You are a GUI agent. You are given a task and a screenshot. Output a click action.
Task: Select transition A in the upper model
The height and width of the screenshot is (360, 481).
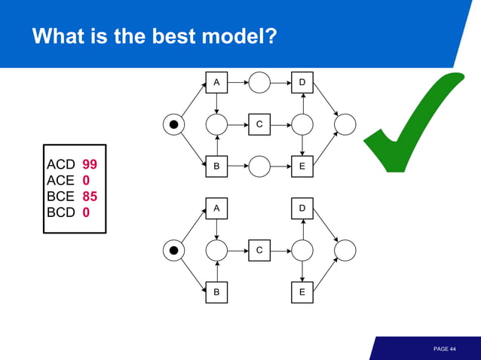coord(216,82)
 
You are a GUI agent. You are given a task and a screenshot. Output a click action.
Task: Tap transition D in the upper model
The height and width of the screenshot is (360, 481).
coord(302,82)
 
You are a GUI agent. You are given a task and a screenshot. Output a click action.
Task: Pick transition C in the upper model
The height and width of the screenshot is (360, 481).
coord(259,124)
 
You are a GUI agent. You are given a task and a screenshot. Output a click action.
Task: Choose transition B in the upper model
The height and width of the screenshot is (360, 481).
coord(216,166)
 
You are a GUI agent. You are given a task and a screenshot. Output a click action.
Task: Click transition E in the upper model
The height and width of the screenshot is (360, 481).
coord(302,166)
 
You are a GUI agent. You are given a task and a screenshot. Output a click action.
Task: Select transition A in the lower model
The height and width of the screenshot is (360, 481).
coord(216,208)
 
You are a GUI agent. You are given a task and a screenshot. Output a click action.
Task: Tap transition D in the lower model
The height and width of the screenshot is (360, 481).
coord(302,208)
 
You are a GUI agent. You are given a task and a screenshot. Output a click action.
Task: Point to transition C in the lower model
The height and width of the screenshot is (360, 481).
coord(259,250)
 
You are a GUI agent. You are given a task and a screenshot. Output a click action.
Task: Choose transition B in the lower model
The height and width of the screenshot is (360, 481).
coord(216,292)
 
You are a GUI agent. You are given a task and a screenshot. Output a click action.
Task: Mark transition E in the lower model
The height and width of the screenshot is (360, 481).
coord(302,292)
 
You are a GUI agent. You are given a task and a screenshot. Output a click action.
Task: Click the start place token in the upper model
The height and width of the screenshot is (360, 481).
coord(174,124)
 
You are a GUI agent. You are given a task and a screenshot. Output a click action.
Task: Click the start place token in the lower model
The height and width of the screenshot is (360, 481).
coord(174,250)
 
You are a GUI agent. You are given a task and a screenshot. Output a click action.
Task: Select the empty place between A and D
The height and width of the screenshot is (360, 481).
coord(259,82)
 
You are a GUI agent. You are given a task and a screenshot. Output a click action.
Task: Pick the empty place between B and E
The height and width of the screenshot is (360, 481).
coord(259,166)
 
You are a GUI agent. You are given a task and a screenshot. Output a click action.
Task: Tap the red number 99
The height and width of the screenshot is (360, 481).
coord(90,164)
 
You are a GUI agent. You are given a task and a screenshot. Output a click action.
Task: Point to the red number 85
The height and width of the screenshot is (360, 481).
coord(90,197)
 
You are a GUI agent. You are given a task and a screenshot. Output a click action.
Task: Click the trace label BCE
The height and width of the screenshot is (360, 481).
coord(60,197)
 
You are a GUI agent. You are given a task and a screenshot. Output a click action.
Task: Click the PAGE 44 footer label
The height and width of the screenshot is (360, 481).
coord(445,349)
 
